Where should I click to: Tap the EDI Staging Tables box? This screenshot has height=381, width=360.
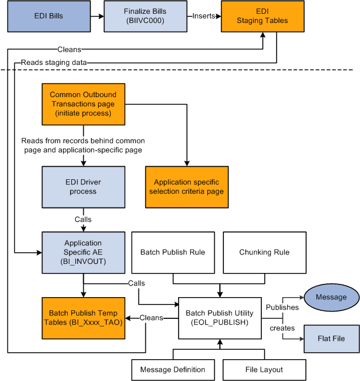click(262, 16)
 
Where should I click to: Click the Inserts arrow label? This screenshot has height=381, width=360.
click(204, 16)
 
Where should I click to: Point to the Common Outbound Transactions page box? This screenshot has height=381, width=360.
click(83, 104)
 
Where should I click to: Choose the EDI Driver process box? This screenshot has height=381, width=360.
click(83, 187)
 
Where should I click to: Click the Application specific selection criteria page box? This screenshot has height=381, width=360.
click(187, 187)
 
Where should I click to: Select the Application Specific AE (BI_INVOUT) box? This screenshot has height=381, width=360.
click(83, 252)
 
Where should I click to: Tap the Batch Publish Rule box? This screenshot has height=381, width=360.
click(173, 252)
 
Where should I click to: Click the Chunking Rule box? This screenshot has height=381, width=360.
click(264, 252)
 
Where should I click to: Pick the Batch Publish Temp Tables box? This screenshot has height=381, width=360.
click(83, 318)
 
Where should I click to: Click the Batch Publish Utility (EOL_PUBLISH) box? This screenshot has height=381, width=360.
click(219, 318)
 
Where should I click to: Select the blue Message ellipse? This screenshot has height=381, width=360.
click(331, 297)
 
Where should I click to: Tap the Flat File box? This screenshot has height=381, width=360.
click(331, 338)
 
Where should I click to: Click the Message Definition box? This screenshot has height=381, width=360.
click(173, 370)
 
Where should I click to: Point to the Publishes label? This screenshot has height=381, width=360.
click(282, 307)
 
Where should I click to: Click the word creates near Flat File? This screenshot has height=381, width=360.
click(282, 328)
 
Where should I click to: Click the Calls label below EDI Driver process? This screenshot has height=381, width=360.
click(83, 220)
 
